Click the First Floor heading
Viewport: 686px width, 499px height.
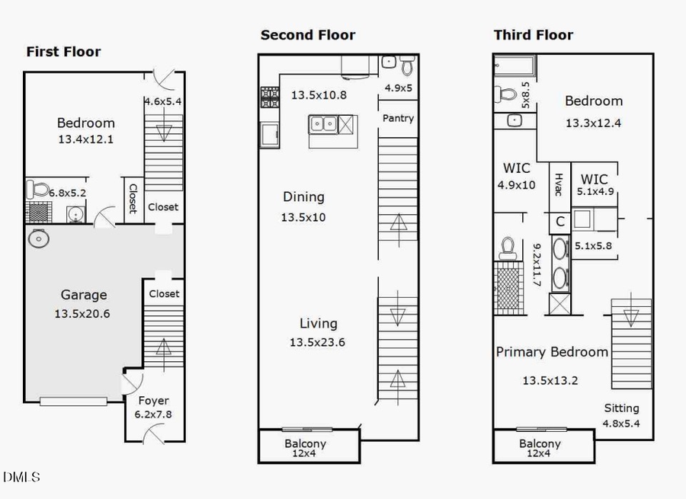tap(63, 52)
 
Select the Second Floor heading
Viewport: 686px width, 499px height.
tap(308, 35)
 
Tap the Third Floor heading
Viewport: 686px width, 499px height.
tap(534, 35)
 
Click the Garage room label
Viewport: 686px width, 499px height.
tap(84, 295)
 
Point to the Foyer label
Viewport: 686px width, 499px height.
tap(153, 401)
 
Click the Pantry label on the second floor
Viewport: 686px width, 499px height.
tap(398, 118)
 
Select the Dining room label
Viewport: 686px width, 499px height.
tap(303, 197)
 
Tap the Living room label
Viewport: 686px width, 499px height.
tap(318, 324)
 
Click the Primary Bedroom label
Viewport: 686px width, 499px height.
tap(552, 352)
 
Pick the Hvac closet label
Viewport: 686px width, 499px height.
tap(558, 185)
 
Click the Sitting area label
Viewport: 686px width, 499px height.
tap(622, 408)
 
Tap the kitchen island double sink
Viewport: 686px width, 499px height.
tap(323, 123)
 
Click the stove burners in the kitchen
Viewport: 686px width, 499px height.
tap(271, 97)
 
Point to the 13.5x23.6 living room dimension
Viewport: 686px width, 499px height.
tap(317, 343)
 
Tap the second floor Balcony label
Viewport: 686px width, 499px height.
tap(305, 443)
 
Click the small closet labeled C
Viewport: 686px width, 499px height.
tap(559, 222)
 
